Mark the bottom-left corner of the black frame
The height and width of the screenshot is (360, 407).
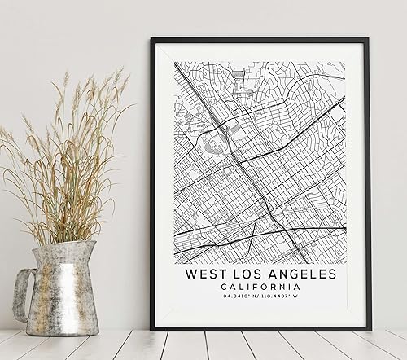152,328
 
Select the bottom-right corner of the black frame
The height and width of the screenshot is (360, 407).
370,329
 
